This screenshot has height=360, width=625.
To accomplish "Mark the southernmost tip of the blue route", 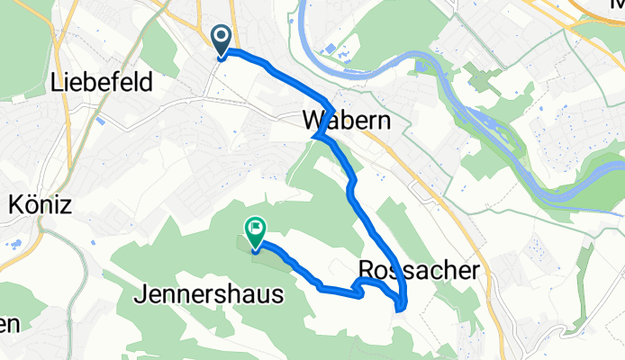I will pyautogui.click(x=399, y=310).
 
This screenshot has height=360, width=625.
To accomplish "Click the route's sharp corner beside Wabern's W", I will pyautogui.click(x=316, y=137).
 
